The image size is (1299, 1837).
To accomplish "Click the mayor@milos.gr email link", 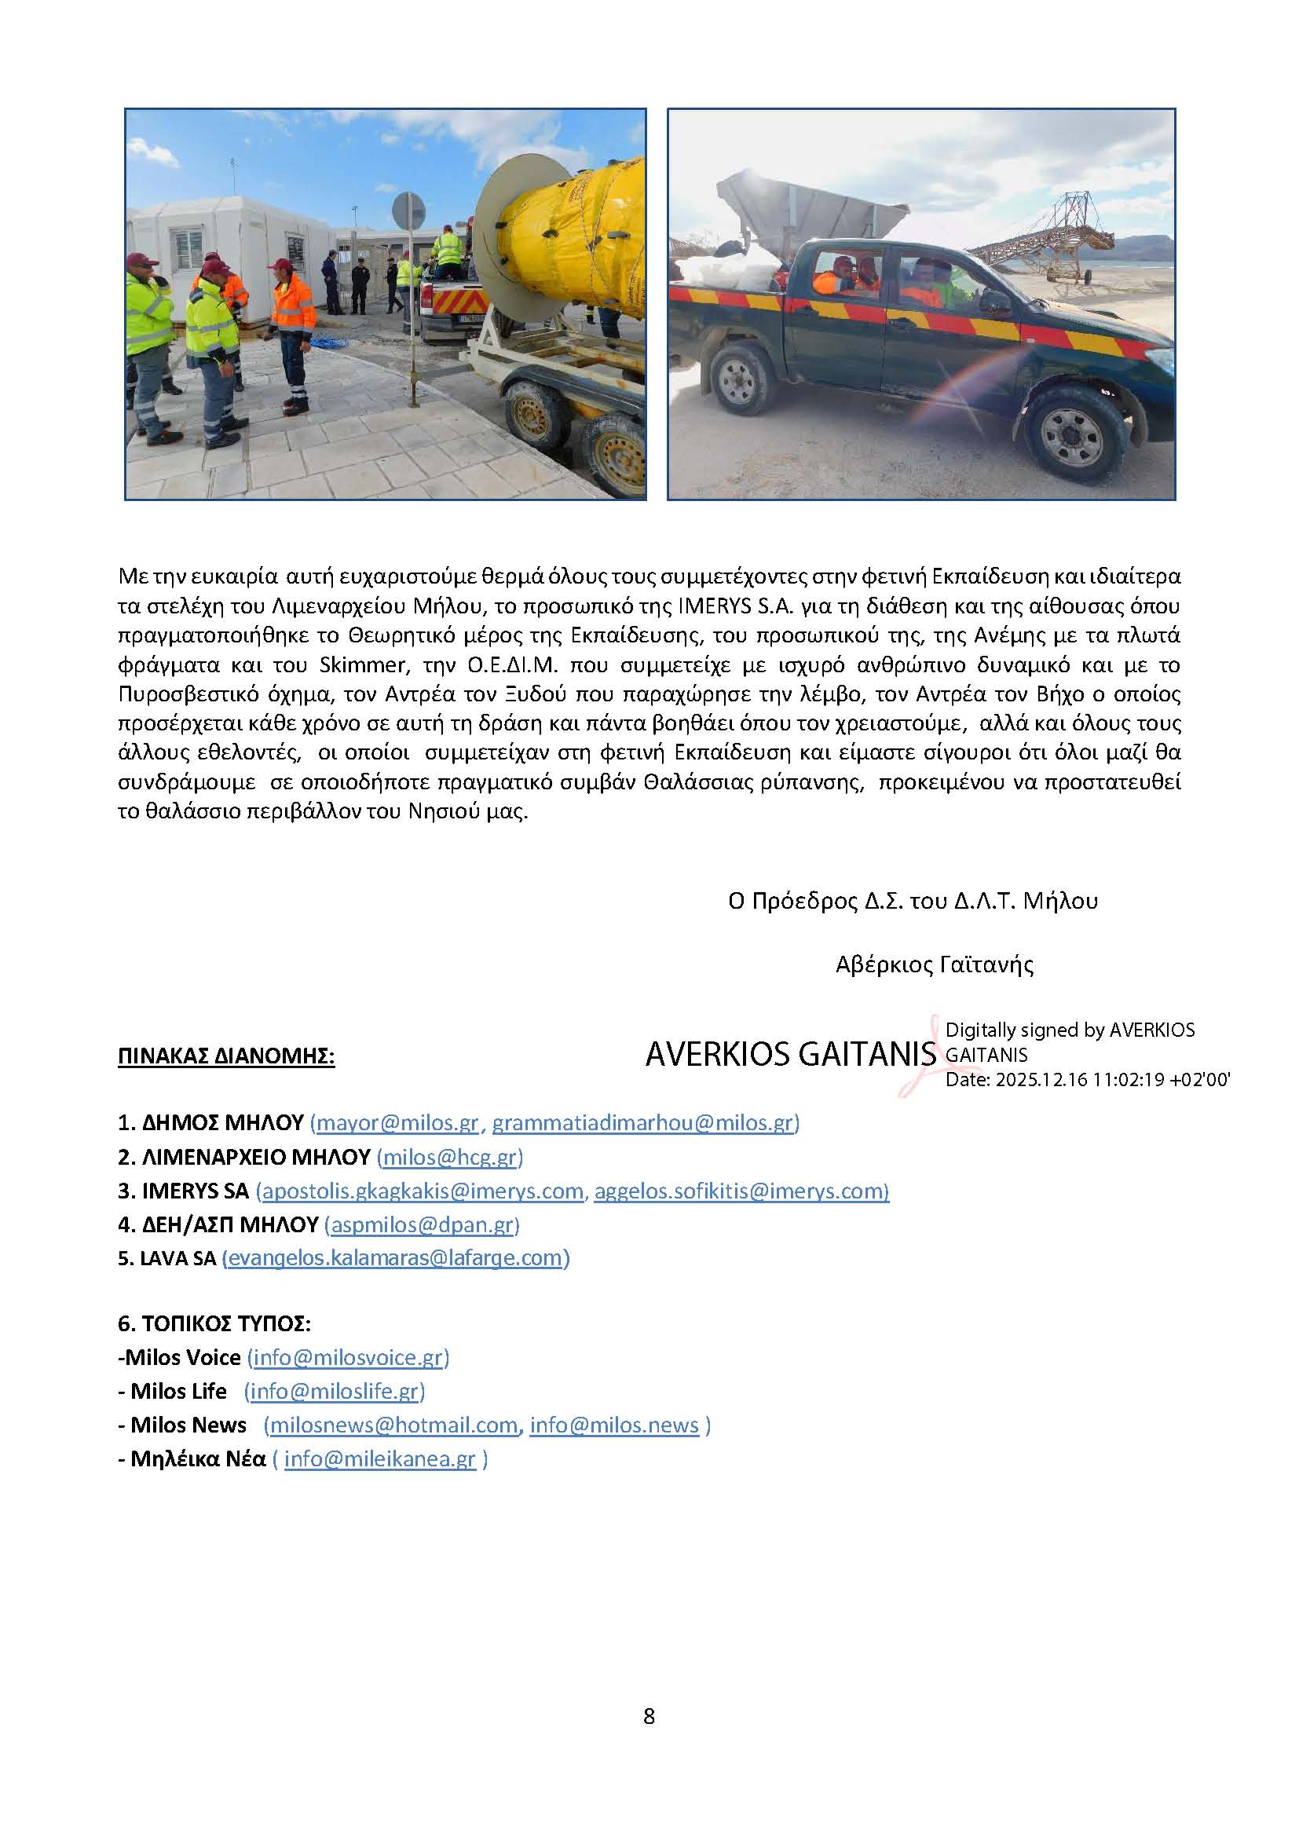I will pos(397,1122).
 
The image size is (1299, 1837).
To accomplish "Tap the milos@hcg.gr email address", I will pos(448,1157).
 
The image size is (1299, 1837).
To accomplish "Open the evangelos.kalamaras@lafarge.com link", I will pos(395,1257).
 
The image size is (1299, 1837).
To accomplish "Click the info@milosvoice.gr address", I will pos(348,1358).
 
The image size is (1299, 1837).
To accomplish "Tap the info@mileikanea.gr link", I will pos(380,1458).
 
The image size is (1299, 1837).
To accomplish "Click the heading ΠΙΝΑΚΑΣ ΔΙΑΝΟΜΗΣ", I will pos(225,1056).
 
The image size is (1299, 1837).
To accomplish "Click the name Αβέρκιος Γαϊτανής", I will pos(935,965).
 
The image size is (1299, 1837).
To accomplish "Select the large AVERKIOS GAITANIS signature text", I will pos(789,1056).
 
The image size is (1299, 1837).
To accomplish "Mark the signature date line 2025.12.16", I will pos(1087,1079).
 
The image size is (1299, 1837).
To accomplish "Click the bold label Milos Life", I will pos(178,1392).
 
